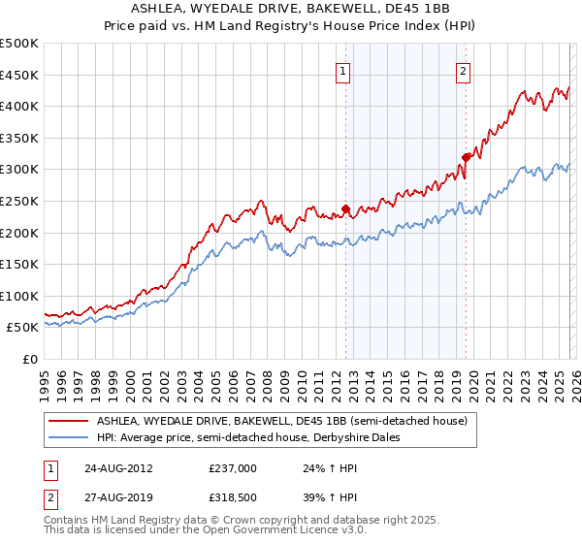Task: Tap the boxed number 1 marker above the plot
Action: pos(344,70)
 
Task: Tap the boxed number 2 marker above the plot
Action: pos(464,70)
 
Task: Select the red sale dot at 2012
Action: pos(345,208)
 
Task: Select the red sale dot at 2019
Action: pos(466,156)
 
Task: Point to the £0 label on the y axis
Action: pos(30,359)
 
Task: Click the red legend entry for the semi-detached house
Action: pos(281,421)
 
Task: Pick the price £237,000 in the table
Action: pos(232,467)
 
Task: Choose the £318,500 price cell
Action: pos(232,498)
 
